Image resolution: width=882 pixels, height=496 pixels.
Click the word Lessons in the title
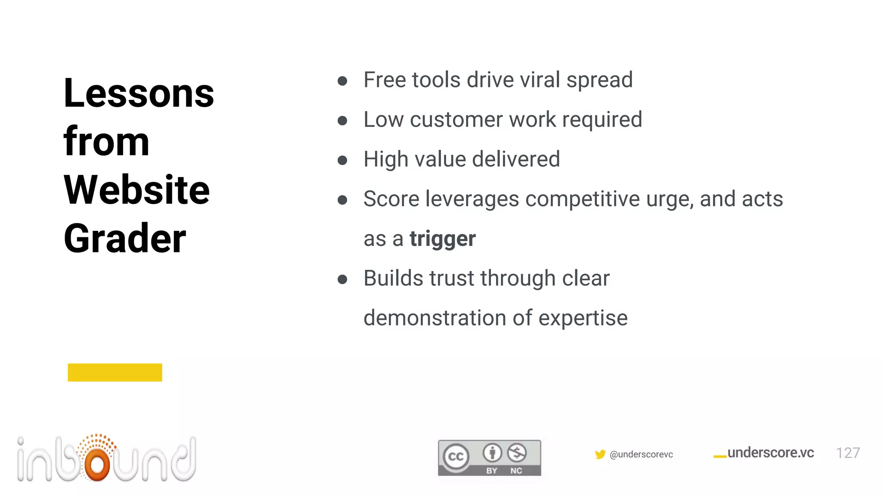click(139, 93)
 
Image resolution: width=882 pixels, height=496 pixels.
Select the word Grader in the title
click(125, 239)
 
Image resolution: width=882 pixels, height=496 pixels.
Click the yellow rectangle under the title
click(115, 372)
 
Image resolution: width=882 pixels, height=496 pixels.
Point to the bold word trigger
click(442, 239)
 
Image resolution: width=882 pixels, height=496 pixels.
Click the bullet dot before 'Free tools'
click(342, 81)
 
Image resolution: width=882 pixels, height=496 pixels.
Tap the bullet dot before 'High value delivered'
click(342, 161)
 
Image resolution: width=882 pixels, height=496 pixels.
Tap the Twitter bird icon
click(600, 454)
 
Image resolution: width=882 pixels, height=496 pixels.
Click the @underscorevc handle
click(641, 455)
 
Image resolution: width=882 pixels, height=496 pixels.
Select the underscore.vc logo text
click(770, 453)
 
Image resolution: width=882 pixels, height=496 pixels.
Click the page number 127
click(848, 453)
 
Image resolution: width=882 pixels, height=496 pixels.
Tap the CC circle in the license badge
click(456, 456)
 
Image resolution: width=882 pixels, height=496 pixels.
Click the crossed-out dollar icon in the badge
click(517, 453)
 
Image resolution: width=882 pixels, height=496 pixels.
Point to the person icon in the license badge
click(492, 453)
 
